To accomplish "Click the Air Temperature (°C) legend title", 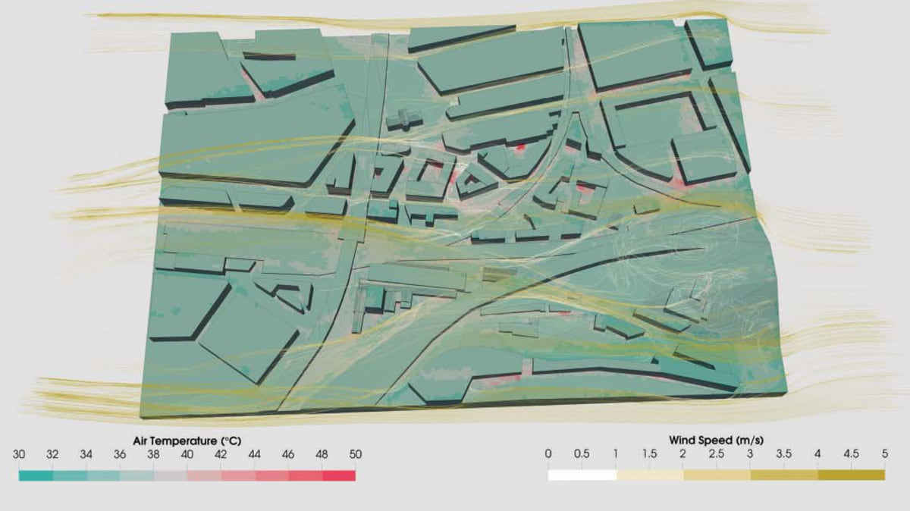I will click(x=187, y=440).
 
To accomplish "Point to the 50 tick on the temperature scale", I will click(x=355, y=455).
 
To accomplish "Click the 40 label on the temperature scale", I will click(x=187, y=455).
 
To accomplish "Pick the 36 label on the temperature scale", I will click(x=120, y=455).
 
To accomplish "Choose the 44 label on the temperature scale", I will click(x=255, y=455).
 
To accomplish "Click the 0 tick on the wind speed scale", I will click(x=548, y=455).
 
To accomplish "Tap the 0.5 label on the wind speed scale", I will click(x=582, y=455).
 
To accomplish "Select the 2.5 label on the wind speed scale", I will click(x=717, y=455).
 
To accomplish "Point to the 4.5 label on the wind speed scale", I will click(x=851, y=455).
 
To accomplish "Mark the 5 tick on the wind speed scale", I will click(x=884, y=455).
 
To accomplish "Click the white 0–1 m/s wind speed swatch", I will click(x=582, y=475).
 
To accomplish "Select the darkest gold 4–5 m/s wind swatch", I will click(x=851, y=475).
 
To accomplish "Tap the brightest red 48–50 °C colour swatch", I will click(x=338, y=476).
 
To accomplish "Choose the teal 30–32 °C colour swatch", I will click(x=36, y=476).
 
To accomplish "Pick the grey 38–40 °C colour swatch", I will click(x=171, y=476).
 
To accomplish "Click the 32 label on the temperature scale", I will click(x=52, y=455).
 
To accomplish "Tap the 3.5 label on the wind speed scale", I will click(x=783, y=455).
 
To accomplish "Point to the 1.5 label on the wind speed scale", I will click(x=649, y=455).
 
